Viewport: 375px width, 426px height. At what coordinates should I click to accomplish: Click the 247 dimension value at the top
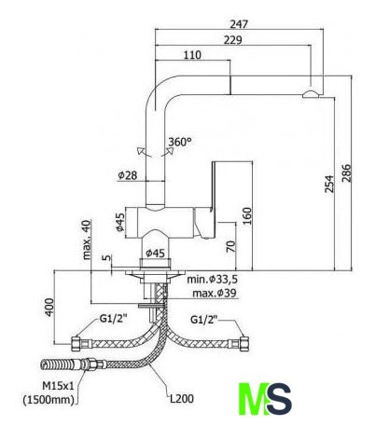239,24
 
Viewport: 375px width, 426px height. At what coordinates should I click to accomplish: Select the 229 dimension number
232,40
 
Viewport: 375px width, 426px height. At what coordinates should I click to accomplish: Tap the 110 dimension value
192,55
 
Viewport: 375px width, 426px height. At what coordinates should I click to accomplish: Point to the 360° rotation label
180,142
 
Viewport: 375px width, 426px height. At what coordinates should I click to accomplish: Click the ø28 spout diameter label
128,175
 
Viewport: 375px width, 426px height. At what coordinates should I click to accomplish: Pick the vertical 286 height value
346,173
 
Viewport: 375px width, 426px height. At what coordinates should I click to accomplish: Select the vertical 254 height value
329,184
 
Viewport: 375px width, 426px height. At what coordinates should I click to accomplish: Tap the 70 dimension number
230,247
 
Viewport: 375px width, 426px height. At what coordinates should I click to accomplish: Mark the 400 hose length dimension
49,308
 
